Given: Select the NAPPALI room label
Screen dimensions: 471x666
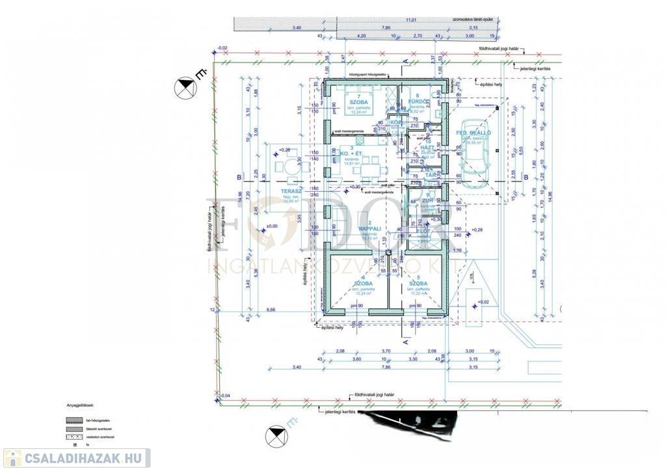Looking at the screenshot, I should tap(369, 229).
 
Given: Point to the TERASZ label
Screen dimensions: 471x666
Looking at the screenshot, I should tap(289, 191).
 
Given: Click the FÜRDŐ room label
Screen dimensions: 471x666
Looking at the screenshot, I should tap(417, 102).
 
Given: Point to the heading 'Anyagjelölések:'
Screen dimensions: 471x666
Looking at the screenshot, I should tap(80, 404).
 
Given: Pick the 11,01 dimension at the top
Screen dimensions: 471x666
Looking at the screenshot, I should tap(410, 21).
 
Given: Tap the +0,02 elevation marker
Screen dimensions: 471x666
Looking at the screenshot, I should tap(482, 302).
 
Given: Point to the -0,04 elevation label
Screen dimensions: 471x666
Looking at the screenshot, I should tap(224, 396).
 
